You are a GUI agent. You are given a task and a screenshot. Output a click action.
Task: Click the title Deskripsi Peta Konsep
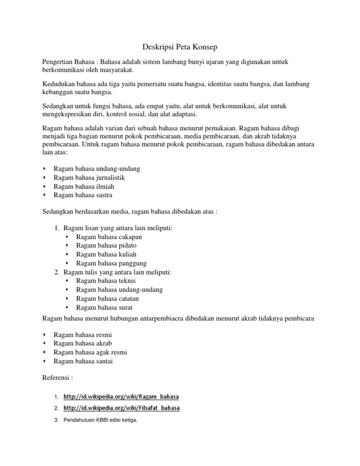180,47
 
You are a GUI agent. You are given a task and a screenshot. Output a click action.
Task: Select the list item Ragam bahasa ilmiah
83,186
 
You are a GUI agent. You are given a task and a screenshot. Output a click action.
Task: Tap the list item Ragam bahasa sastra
83,195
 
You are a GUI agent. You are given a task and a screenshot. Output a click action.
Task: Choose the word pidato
126,245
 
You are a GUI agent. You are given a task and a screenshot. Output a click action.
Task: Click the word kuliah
126,254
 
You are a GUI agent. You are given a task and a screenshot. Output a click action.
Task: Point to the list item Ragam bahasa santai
83,361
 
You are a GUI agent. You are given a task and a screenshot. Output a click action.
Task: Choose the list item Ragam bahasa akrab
82,343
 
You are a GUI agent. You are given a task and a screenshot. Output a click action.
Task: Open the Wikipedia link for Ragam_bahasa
121,396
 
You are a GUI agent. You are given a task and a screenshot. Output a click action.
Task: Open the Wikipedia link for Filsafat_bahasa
121,407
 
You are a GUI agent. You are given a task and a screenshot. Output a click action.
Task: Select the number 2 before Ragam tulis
56,272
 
